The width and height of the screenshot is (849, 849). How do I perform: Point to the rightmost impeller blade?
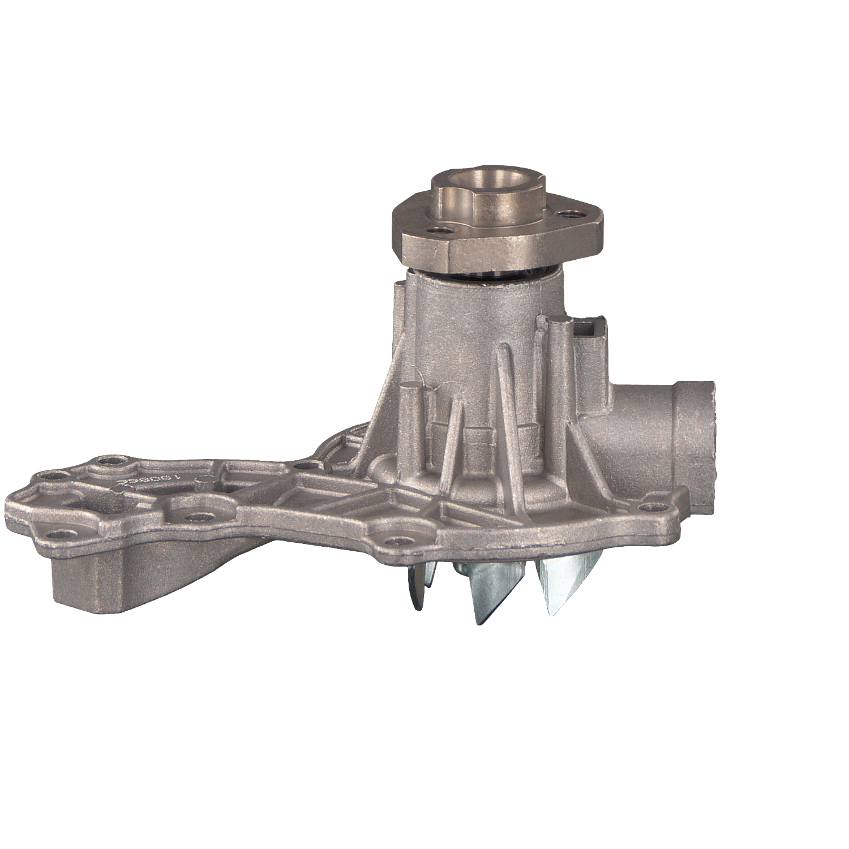click(566, 583)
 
